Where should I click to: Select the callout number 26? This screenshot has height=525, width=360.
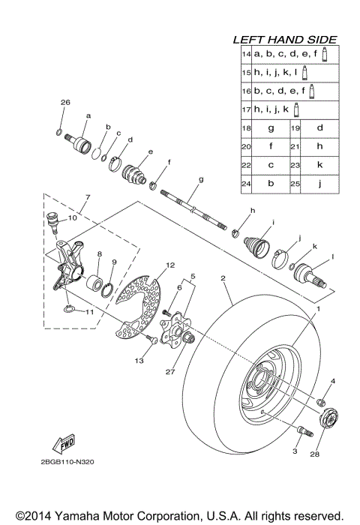[x=64, y=102]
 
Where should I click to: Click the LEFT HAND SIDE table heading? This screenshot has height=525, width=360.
[x=284, y=40]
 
